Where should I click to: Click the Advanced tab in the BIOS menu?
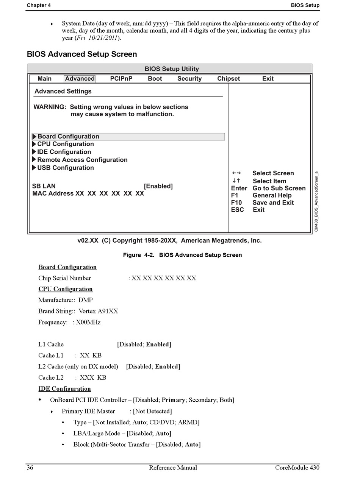(80, 79)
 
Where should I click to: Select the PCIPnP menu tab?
(121, 79)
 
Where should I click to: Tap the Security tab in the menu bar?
(189, 79)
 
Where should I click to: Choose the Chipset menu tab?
(229, 79)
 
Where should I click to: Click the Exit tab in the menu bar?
(268, 79)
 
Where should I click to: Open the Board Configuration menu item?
(68, 137)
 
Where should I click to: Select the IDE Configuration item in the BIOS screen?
(64, 152)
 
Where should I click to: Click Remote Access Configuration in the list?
(82, 160)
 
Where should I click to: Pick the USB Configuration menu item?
(66, 168)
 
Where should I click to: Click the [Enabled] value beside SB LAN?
(158, 186)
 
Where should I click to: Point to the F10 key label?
(236, 203)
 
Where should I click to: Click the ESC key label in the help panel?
(238, 210)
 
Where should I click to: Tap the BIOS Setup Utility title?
(172, 69)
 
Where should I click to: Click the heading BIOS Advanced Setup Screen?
(82, 54)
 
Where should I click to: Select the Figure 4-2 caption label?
(138, 255)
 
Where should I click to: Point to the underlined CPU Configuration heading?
(66, 289)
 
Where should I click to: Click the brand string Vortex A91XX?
(98, 311)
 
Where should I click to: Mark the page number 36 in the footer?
(30, 468)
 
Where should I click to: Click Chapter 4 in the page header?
(39, 5)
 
